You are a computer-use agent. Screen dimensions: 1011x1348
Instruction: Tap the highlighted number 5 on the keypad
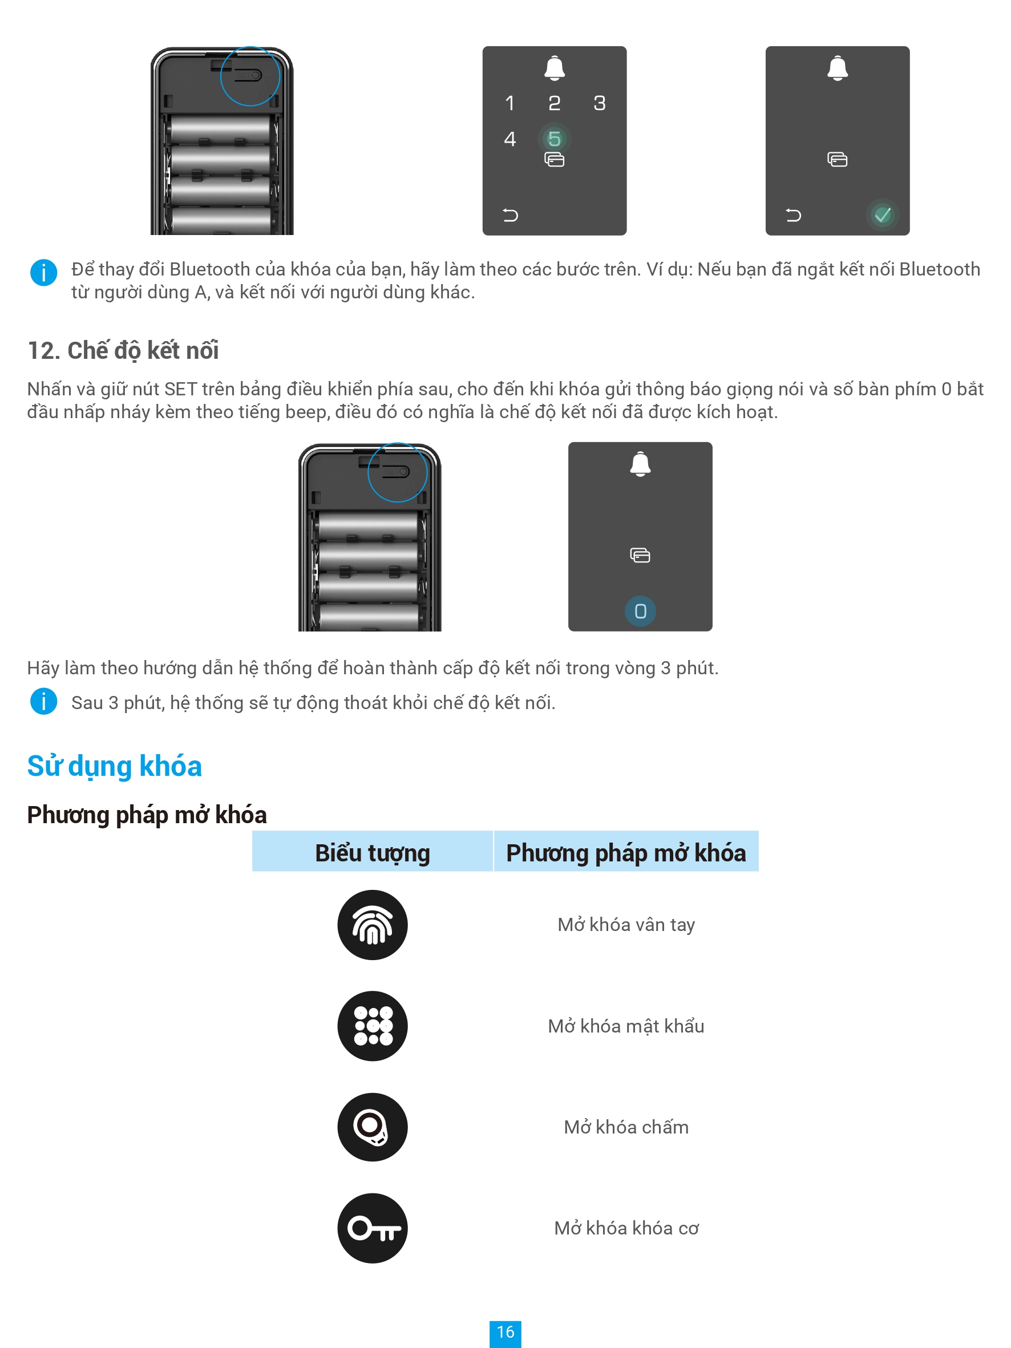[554, 139]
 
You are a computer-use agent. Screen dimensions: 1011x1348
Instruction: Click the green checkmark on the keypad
[882, 214]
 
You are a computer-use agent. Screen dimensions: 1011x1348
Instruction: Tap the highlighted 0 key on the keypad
[640, 610]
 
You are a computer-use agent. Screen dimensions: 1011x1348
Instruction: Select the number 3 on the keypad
[600, 103]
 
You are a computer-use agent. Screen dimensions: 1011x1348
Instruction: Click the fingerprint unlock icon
[373, 925]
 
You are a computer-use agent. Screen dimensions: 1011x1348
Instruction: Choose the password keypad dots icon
[373, 1026]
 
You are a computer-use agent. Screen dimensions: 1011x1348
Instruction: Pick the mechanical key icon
[373, 1228]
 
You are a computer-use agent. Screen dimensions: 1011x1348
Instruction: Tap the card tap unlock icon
[373, 1127]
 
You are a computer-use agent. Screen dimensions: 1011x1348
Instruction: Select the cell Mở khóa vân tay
[626, 925]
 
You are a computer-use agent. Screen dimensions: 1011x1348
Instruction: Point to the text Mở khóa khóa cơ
[626, 1228]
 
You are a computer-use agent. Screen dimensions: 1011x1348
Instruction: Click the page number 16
[505, 1332]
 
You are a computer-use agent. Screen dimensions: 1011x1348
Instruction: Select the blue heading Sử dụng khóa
[115, 766]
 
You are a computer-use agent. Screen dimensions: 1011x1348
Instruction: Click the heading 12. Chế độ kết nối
[123, 350]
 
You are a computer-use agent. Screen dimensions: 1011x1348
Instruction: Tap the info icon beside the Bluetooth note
[43, 273]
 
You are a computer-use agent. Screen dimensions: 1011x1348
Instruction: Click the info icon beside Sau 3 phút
[43, 702]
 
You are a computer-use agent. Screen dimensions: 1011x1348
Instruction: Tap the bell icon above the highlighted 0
[640, 464]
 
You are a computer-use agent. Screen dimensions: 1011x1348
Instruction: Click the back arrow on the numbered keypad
[510, 215]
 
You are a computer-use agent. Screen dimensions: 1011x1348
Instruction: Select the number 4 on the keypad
[510, 139]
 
